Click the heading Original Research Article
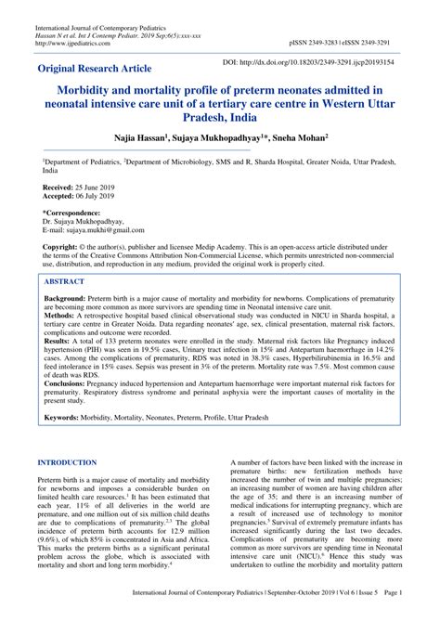point(97,69)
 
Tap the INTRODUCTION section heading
point(75,461)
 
